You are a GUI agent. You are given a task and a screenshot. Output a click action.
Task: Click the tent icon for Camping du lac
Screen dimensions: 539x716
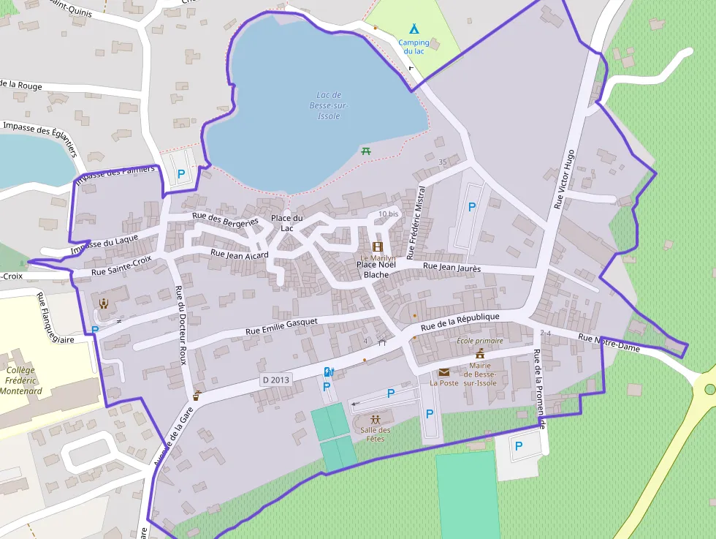[x=414, y=29]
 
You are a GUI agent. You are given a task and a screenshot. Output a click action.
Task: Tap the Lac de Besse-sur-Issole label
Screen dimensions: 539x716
[x=329, y=105]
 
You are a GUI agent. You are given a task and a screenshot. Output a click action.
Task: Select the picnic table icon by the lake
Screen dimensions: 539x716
[x=366, y=151]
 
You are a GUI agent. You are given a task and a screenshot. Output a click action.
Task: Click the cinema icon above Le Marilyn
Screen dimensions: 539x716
[x=377, y=247]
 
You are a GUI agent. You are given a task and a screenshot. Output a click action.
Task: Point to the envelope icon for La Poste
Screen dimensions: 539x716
[x=443, y=372]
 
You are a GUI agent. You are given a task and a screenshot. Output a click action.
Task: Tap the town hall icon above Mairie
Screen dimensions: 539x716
[x=480, y=354]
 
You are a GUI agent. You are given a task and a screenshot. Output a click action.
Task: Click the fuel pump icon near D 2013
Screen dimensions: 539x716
[x=328, y=372]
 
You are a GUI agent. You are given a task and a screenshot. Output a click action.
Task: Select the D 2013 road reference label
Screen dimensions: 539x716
[x=275, y=380]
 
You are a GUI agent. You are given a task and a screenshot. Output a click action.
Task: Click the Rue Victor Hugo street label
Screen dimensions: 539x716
[x=564, y=180]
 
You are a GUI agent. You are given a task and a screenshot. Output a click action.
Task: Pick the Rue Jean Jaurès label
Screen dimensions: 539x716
[x=452, y=268]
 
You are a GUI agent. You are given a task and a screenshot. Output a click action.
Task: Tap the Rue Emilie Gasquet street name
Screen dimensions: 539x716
[x=281, y=326]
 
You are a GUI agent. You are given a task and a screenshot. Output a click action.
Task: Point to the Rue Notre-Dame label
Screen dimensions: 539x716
[x=609, y=343]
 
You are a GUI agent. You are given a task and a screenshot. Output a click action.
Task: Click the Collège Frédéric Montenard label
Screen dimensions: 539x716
[x=20, y=380]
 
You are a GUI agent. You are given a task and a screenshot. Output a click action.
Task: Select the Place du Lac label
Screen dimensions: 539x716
[x=286, y=223]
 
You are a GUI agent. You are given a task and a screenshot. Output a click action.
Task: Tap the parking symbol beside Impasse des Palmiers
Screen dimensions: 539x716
[x=181, y=174]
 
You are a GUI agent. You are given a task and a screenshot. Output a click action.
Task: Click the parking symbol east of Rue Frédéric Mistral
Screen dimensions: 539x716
[x=471, y=207]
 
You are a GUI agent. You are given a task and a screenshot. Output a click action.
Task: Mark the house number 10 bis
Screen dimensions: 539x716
[x=388, y=214]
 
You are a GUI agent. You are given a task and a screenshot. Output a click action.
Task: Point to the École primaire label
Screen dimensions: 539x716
[x=479, y=341]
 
